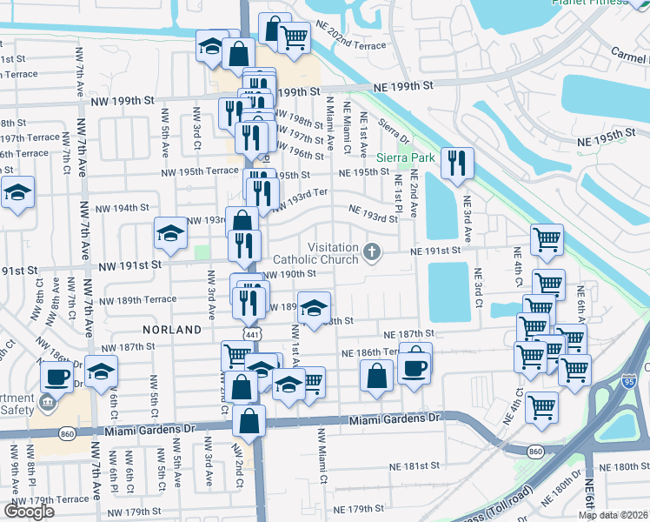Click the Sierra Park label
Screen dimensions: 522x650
click(404, 158)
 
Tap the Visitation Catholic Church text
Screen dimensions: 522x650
click(315, 252)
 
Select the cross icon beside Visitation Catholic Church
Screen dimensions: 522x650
click(372, 252)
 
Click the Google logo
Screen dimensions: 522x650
click(29, 512)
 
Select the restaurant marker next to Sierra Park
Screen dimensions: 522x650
click(456, 163)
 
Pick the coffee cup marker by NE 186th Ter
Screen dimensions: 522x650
click(415, 366)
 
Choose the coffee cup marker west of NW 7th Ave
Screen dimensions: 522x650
click(57, 377)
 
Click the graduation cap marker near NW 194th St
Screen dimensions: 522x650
click(171, 231)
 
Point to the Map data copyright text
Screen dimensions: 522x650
click(612, 514)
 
